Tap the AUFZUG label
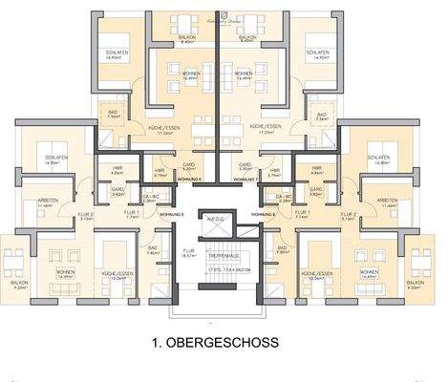point(216,220)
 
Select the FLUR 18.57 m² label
point(187,253)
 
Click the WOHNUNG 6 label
point(189,179)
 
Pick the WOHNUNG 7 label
point(245,179)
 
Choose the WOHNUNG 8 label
point(273,214)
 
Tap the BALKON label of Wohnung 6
point(188,38)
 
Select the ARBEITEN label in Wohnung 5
point(45,202)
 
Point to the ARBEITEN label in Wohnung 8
point(388,202)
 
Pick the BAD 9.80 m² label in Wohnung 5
point(153,250)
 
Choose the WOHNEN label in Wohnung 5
point(65,273)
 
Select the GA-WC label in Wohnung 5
point(150,197)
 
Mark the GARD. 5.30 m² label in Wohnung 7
point(245,165)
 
